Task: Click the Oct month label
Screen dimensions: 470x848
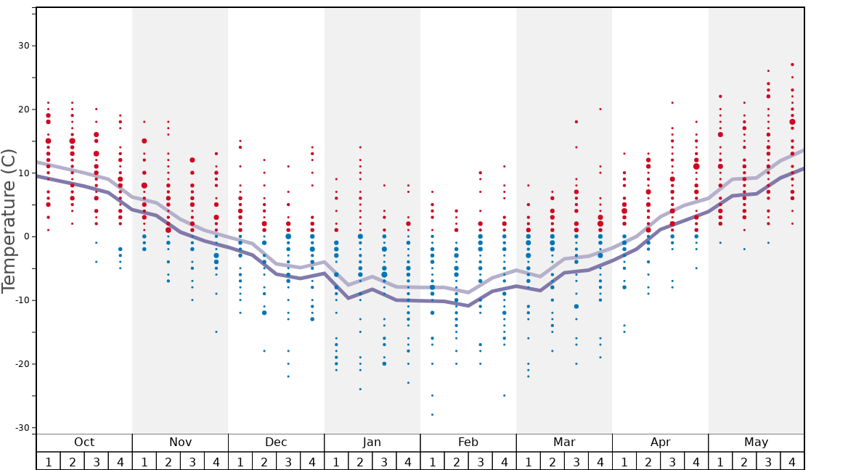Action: pos(84,442)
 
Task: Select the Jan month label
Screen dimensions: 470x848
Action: pos(372,442)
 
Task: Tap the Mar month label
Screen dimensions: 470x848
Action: pos(564,442)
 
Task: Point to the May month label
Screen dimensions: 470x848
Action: pos(756,442)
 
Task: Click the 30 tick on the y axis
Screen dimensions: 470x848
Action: pos(23,46)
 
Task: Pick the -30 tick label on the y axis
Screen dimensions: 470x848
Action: pos(21,428)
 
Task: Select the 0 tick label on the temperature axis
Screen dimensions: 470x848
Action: pos(26,236)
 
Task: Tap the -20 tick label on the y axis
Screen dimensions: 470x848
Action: pos(21,364)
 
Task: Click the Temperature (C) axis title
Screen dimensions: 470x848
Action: pos(9,220)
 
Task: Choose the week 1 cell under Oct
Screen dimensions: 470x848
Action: pos(48,461)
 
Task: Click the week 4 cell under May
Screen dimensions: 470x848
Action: pos(792,461)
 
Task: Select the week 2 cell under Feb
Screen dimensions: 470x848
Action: pos(456,461)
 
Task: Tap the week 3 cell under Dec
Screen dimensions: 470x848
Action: pos(288,461)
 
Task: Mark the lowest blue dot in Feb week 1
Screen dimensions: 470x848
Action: pos(432,415)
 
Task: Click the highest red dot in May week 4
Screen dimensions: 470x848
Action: pos(792,65)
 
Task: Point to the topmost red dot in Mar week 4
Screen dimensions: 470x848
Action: pos(600,109)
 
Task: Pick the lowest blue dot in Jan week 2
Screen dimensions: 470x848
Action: pos(360,389)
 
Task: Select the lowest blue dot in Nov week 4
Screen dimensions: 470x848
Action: pos(216,332)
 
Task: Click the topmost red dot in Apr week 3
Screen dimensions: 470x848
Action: pos(672,103)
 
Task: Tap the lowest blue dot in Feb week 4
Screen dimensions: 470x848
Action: pos(505,395)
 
